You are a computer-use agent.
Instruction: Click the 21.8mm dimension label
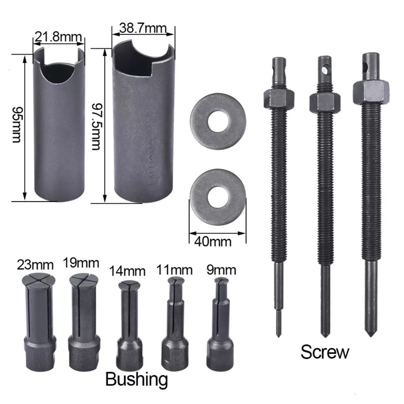[58, 37]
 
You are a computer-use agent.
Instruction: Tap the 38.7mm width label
[143, 28]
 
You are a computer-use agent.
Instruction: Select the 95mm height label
[18, 125]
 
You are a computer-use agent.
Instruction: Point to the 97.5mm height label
[97, 127]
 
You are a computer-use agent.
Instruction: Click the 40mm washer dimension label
[213, 242]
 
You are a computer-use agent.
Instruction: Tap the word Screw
[325, 352]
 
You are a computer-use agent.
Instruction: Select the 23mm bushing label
[35, 265]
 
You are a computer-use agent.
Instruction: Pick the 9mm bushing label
[221, 270]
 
